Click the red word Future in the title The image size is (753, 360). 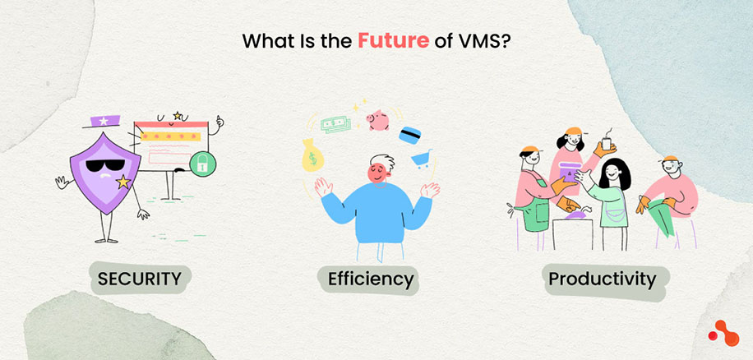[393, 40]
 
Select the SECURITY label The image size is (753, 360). [139, 279]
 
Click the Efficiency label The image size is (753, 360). [370, 279]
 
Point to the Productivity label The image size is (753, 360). [602, 279]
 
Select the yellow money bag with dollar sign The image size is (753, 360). [312, 156]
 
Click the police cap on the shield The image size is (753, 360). [104, 120]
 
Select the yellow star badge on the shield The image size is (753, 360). [123, 181]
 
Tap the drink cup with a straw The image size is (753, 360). [607, 142]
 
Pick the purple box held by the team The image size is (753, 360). [567, 174]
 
